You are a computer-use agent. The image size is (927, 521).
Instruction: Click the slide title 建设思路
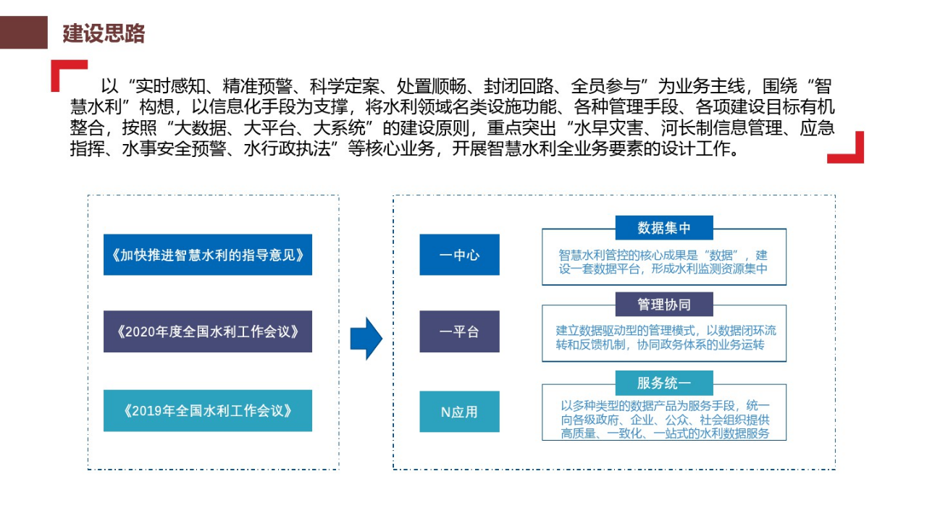(x=104, y=33)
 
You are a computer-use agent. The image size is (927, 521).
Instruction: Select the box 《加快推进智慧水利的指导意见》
(x=208, y=255)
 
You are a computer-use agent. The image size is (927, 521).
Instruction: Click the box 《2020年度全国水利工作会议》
(x=208, y=331)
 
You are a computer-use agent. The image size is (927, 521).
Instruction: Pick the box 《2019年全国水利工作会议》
(x=208, y=411)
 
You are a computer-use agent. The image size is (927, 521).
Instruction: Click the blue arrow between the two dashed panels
(x=366, y=338)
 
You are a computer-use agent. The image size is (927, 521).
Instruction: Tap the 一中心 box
(x=459, y=255)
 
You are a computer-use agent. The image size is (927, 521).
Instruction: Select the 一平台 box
(x=459, y=332)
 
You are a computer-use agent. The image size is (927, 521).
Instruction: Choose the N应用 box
(x=459, y=412)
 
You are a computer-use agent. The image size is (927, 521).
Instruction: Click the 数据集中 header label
(x=664, y=228)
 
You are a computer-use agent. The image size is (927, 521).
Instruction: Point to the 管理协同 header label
(x=664, y=305)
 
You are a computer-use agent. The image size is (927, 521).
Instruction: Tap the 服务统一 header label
(x=664, y=383)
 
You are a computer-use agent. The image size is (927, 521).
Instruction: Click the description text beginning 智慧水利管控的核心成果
(x=663, y=262)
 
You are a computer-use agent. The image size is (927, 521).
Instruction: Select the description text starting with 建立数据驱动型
(x=663, y=338)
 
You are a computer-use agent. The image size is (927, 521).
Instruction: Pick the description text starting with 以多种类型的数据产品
(x=663, y=420)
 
